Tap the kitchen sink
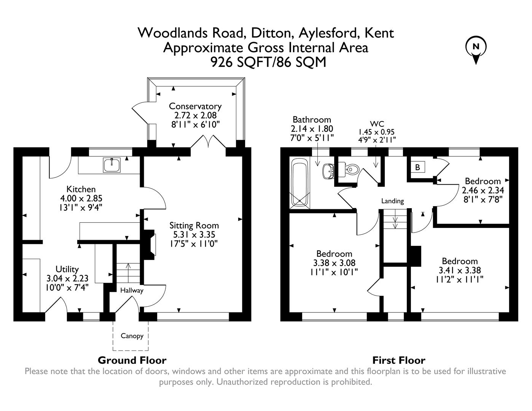click(x=111, y=165)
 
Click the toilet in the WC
click(x=351, y=168)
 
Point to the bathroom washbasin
click(x=328, y=171)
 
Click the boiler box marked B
click(x=417, y=167)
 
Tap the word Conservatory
click(x=195, y=106)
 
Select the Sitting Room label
click(x=194, y=225)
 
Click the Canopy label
click(x=132, y=336)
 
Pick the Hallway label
click(x=132, y=290)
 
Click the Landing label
click(x=392, y=201)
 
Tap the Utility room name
click(x=67, y=269)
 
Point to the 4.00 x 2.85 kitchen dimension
click(x=81, y=198)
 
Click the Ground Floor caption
click(x=132, y=360)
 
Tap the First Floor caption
click(x=398, y=360)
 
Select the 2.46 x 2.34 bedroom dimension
click(x=483, y=190)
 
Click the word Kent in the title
click(x=379, y=33)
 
